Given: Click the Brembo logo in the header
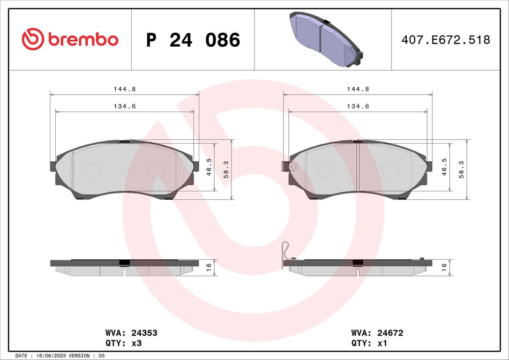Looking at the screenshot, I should point(70,40).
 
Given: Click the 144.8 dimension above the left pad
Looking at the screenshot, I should point(124,89).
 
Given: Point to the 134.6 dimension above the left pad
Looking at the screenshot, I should point(124,107).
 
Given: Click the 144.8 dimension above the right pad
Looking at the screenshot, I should point(357,89).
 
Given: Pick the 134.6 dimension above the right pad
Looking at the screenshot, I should point(357,107).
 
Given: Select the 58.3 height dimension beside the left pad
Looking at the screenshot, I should point(226,169).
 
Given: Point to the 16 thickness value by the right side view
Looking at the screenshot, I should point(443,266).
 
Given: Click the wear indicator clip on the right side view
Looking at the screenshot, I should point(286,253).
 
